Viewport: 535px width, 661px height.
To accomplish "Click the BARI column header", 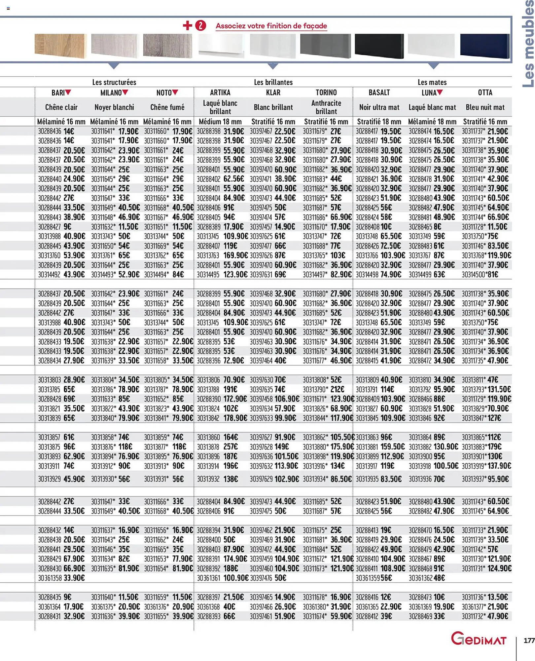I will click(x=58, y=93).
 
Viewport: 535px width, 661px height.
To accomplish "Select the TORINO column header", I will click(x=326, y=93).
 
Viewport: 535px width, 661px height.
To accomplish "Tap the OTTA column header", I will click(x=485, y=93).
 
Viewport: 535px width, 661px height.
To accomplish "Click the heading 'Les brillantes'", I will click(x=273, y=82).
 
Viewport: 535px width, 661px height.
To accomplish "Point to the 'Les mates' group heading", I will click(x=432, y=82).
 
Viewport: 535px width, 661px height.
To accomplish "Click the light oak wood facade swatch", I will click(x=61, y=46).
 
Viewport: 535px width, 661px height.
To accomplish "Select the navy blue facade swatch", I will click(x=484, y=46).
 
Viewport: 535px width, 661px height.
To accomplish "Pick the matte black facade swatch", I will click(x=379, y=46).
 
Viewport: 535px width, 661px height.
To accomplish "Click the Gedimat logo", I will click(x=479, y=639).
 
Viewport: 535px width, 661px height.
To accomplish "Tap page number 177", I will click(x=529, y=641).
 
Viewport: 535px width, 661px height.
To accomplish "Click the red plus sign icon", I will click(x=187, y=25).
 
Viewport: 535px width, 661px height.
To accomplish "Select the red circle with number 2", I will click(x=200, y=25).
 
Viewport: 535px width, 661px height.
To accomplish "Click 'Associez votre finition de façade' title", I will click(x=271, y=26).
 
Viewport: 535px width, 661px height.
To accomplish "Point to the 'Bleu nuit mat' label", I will click(x=485, y=107).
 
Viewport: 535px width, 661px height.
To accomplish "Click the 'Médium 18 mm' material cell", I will click(x=220, y=122).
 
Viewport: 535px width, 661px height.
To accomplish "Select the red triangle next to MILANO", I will click(x=125, y=92).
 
